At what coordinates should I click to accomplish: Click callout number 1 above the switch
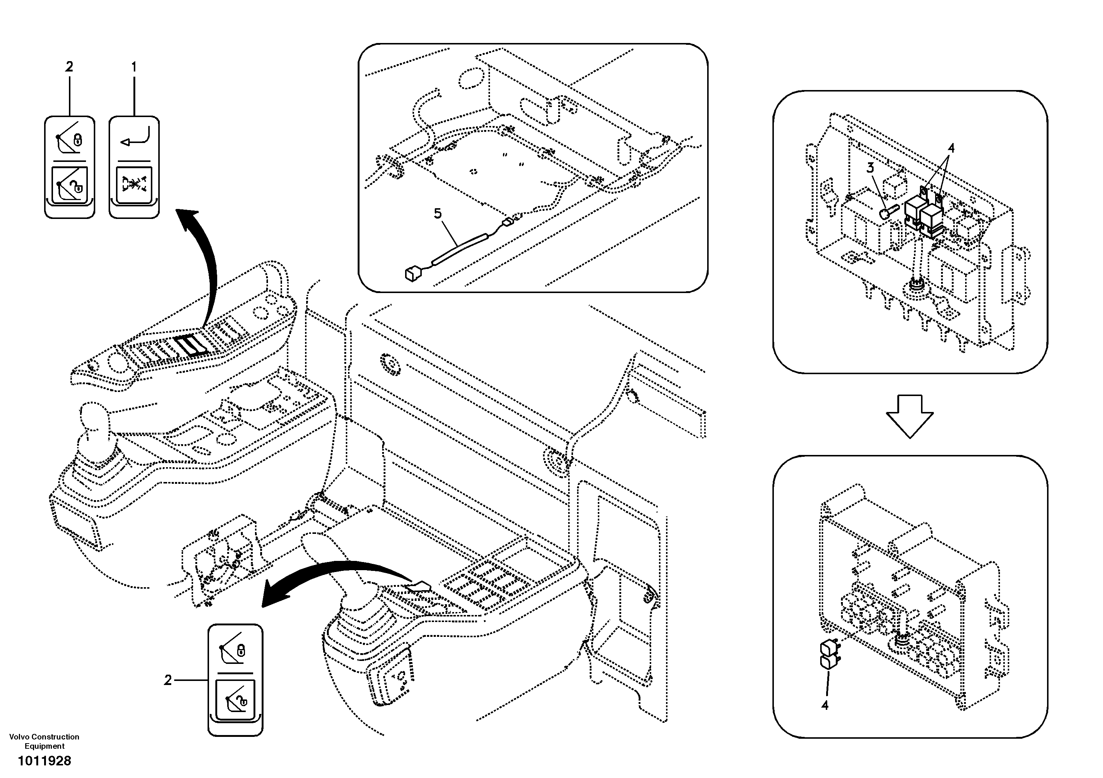[134, 67]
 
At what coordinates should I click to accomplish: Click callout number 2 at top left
[69, 67]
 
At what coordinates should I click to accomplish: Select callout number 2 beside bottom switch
[168, 680]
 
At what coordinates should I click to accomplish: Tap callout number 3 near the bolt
[871, 168]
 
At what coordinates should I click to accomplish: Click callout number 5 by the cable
[438, 213]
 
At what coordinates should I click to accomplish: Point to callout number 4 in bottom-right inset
[825, 705]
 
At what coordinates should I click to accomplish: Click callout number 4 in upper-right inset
[950, 148]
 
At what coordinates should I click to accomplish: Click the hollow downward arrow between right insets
[910, 415]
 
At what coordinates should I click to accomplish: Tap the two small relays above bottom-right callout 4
[829, 654]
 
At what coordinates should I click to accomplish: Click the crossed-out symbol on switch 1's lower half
[134, 185]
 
